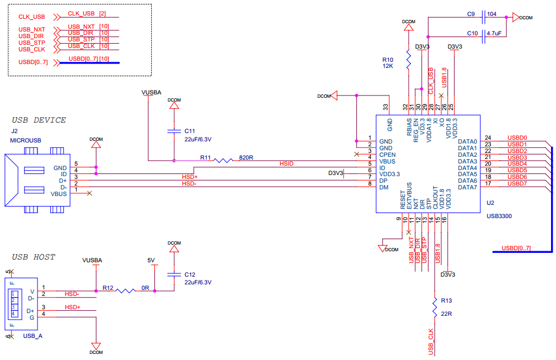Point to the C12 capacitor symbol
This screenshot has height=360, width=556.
(174, 274)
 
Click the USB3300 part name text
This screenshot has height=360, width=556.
(499, 216)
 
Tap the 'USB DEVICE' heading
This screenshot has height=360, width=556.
(39, 120)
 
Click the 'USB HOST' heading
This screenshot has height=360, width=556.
(34, 257)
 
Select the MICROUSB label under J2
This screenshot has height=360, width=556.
(25, 140)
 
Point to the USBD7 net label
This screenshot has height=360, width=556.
(517, 183)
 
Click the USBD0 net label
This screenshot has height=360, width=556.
(517, 138)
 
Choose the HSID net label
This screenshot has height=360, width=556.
(287, 164)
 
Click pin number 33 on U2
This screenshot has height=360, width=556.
(386, 107)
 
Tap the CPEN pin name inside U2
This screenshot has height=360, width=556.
(388, 155)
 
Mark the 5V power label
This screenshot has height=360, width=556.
(151, 260)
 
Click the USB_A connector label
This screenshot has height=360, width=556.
(33, 336)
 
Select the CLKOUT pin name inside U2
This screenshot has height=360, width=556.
(435, 197)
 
